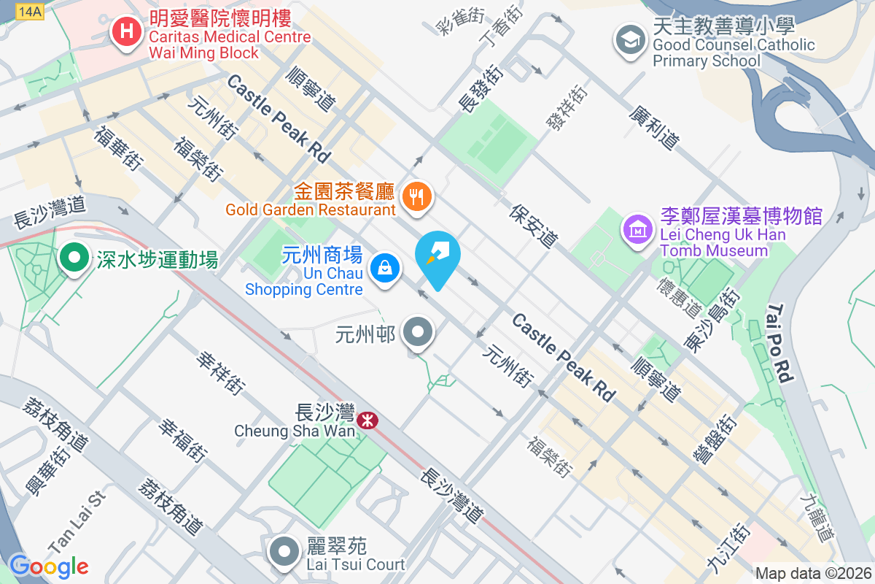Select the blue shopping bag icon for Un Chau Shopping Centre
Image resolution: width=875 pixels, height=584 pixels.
point(384,267)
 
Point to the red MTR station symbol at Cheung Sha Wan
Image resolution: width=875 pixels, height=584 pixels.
point(367,419)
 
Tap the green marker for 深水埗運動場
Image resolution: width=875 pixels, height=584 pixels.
point(73,258)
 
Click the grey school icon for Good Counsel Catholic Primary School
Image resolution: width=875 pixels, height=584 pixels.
point(629,39)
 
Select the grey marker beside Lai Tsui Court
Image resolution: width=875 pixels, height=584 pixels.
point(284,552)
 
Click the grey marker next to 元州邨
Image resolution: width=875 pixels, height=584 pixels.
point(418,333)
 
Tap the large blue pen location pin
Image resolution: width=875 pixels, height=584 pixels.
point(437,258)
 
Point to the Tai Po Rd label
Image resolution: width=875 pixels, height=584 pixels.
point(779,344)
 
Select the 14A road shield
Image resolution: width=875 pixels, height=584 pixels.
point(30,11)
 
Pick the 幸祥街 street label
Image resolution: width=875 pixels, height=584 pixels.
point(219,372)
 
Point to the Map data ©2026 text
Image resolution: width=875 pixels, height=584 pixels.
point(813,574)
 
